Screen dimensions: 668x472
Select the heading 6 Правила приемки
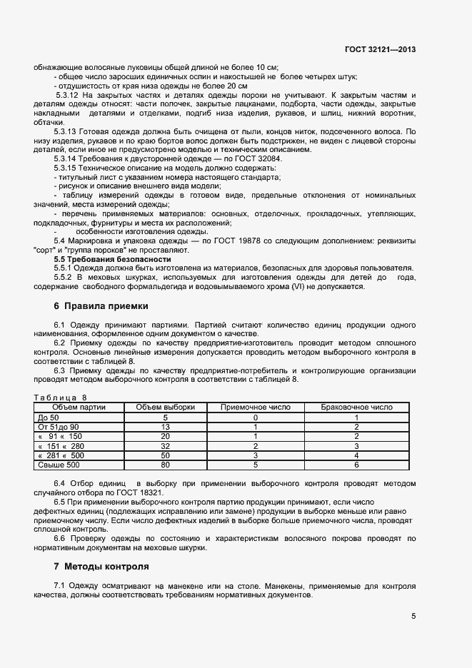pyautogui.click(x=101, y=305)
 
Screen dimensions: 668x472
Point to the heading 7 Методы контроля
pyautogui.click(x=101, y=567)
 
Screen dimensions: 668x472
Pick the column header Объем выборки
pyautogui.click(x=165, y=407)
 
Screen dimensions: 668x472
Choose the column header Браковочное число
pyautogui.click(x=356, y=407)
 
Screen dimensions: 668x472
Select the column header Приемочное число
pyautogui.click(x=255, y=407)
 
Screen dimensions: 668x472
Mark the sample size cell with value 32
pyautogui.click(x=165, y=445)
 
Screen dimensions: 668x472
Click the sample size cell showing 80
pyautogui.click(x=165, y=465)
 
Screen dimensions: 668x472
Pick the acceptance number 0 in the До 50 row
pyautogui.click(x=255, y=417)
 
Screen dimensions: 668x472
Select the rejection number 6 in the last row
pyautogui.click(x=356, y=465)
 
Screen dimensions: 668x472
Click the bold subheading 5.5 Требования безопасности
pyautogui.click(x=107, y=259)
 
